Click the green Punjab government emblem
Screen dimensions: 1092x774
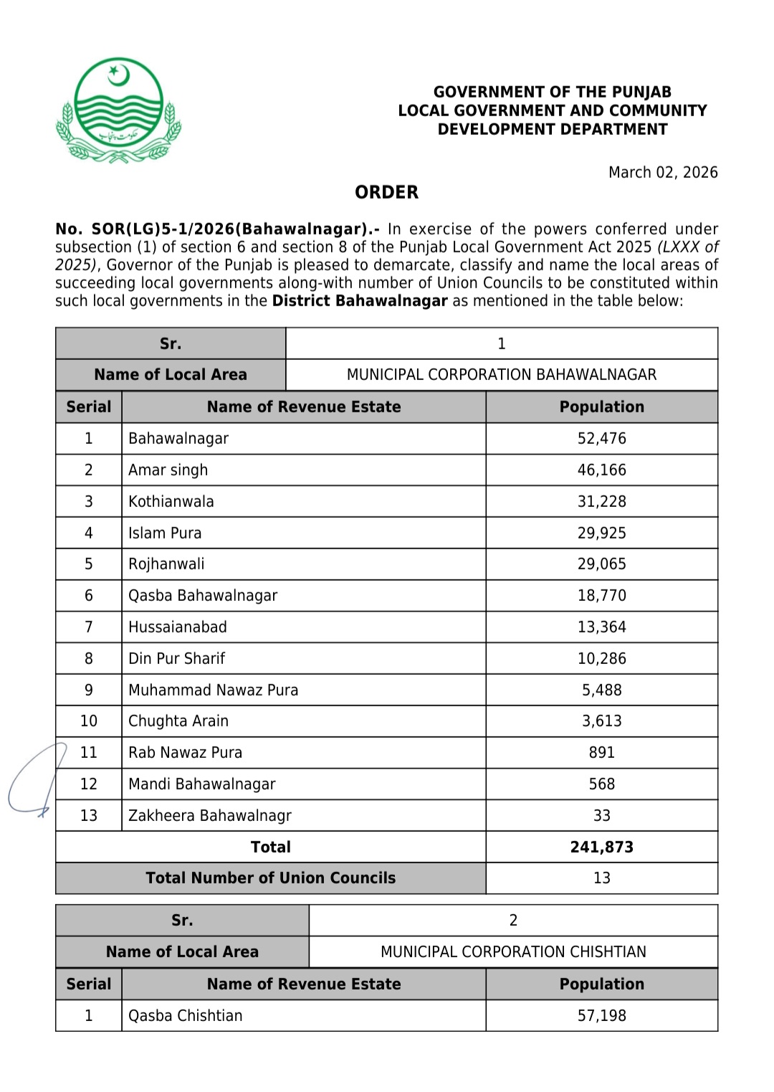119,110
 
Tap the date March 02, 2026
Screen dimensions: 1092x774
662,172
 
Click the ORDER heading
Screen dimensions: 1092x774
386,192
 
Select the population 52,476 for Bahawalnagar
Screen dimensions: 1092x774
601,439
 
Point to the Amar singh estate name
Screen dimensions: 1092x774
168,470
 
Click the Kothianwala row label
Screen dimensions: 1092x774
171,502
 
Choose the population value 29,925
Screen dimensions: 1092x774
601,533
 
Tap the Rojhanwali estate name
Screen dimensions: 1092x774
166,564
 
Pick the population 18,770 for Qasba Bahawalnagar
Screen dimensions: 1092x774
601,596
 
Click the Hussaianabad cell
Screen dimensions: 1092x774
177,627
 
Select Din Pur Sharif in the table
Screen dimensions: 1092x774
176,659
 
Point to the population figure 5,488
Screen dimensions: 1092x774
601,690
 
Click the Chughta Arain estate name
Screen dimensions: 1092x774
178,721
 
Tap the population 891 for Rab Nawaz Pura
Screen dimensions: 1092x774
601,753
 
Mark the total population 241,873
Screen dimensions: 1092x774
601,847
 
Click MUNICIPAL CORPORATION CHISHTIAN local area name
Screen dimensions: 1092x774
513,952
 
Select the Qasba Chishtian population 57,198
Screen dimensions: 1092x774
601,1016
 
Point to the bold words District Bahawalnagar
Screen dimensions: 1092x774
360,301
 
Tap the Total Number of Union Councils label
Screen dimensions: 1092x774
270,878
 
